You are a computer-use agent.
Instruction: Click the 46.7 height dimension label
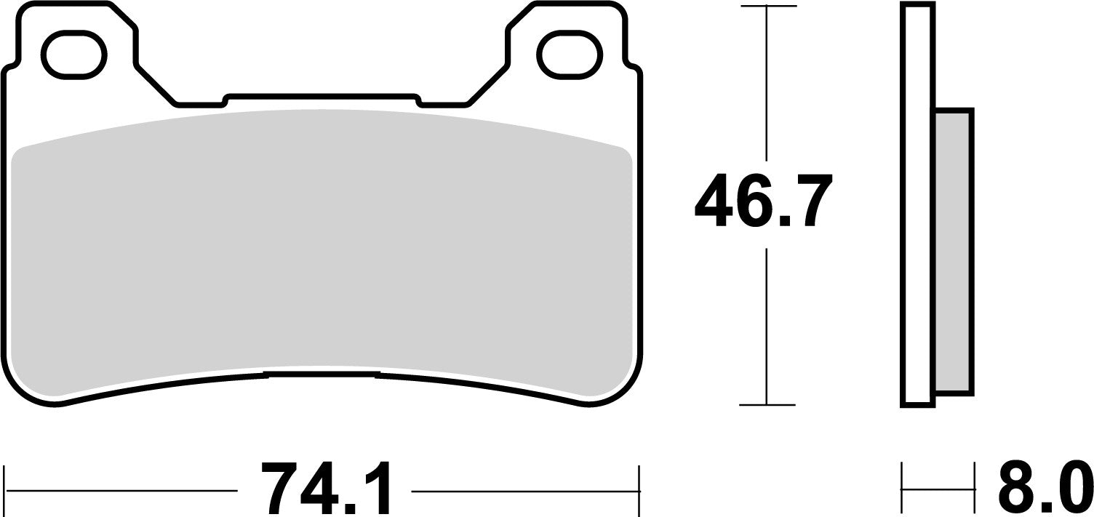(x=764, y=200)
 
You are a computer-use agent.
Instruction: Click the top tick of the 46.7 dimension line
(x=767, y=7)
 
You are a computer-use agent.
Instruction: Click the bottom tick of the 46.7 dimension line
(x=767, y=405)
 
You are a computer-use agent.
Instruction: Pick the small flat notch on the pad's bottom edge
(x=322, y=374)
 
